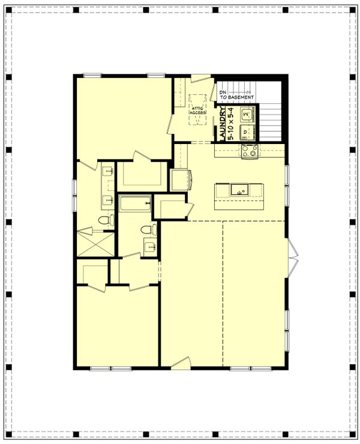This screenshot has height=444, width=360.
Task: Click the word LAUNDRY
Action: (223, 124)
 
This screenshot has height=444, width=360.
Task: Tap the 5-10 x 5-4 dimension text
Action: (230, 124)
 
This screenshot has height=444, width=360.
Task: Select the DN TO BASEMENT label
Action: (236, 94)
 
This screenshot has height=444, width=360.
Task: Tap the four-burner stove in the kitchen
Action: (250, 151)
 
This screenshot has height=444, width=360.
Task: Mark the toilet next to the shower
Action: (106, 221)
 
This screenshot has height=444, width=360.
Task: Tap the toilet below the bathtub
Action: (146, 230)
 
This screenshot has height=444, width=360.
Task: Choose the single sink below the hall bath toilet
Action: (149, 245)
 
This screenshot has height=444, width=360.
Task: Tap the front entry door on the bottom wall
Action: (179, 363)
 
